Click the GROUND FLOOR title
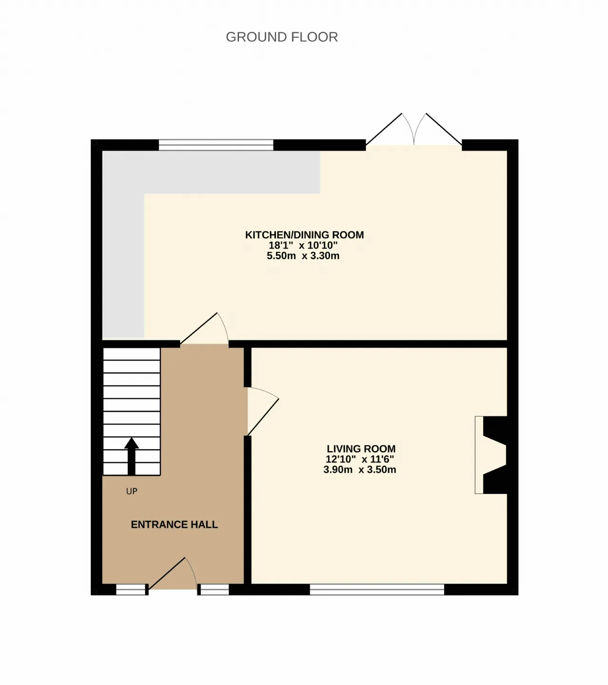tap(282, 37)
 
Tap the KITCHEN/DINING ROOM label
tap(304, 235)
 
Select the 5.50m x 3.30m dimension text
tap(303, 256)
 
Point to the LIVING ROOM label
tap(361, 449)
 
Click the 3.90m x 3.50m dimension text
tap(360, 470)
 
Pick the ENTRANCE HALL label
tap(174, 524)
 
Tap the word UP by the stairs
tap(132, 491)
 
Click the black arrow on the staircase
tap(132, 456)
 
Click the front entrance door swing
tap(172, 574)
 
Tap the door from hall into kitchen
tap(204, 328)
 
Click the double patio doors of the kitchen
tap(414, 129)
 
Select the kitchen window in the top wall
tap(216, 145)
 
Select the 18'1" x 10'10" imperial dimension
tap(303, 245)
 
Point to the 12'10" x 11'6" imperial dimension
tap(360, 459)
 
